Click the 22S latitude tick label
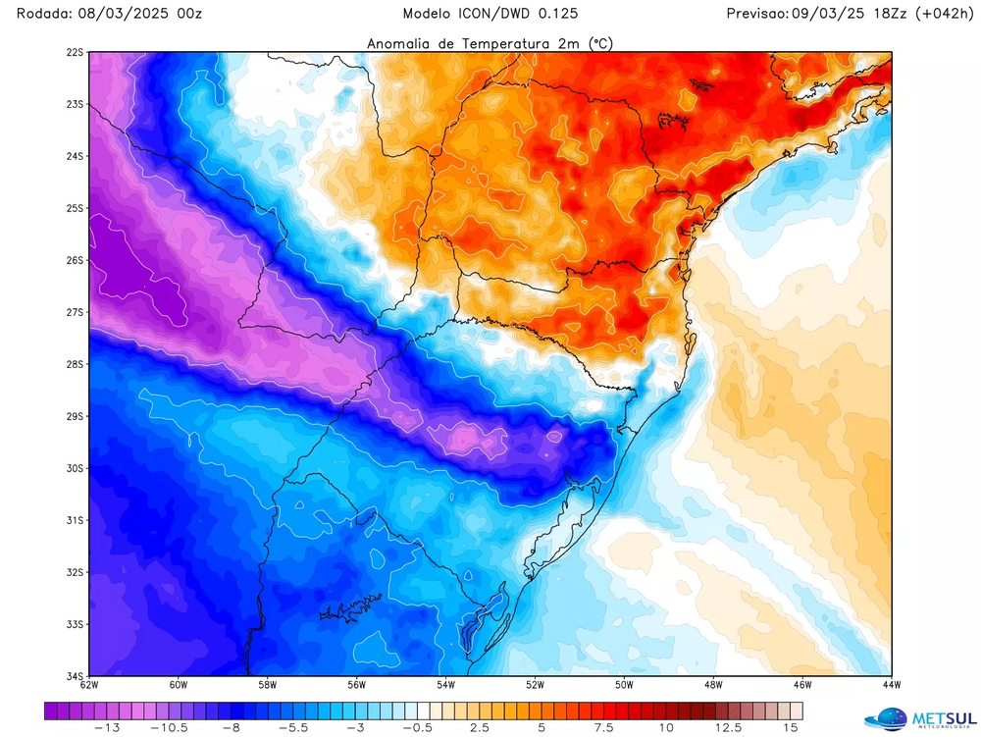coord(75,52)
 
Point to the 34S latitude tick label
coord(75,675)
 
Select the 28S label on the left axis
coord(75,364)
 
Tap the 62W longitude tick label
coord(88,685)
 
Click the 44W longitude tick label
coord(891,685)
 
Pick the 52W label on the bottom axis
coord(535,685)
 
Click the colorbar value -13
coord(107,727)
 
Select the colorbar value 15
coord(790,727)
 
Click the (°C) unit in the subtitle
coord(600,43)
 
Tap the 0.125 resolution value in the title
coord(557,14)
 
